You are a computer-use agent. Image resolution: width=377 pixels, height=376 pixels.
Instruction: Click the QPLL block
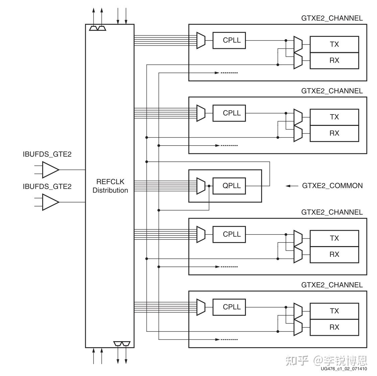(x=232, y=185)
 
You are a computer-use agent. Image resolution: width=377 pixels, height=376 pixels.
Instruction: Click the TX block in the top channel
(x=334, y=44)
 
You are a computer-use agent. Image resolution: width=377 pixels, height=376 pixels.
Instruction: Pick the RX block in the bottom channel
(x=334, y=327)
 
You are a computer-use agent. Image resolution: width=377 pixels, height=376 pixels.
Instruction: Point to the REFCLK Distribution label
(x=110, y=186)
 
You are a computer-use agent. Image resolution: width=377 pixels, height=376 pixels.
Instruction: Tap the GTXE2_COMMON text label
(x=332, y=186)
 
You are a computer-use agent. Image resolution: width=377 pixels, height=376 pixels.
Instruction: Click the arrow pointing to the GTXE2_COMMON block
(x=292, y=186)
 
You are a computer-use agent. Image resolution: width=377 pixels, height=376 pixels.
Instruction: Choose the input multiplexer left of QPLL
(x=201, y=185)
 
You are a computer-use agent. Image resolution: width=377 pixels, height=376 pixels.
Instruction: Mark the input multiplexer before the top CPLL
(x=201, y=41)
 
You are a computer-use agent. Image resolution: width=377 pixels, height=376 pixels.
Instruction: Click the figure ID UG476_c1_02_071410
(x=343, y=369)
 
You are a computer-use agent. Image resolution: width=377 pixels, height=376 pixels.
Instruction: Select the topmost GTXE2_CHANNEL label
(x=332, y=18)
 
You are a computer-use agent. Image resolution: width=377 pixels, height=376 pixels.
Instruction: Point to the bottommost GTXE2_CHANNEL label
(x=332, y=285)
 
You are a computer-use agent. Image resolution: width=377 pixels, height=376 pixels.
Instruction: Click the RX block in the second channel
(x=334, y=133)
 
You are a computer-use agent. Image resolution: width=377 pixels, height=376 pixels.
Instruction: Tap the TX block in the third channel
(x=334, y=238)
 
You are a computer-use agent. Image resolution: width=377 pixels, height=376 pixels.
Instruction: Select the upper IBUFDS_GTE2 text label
(x=47, y=154)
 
